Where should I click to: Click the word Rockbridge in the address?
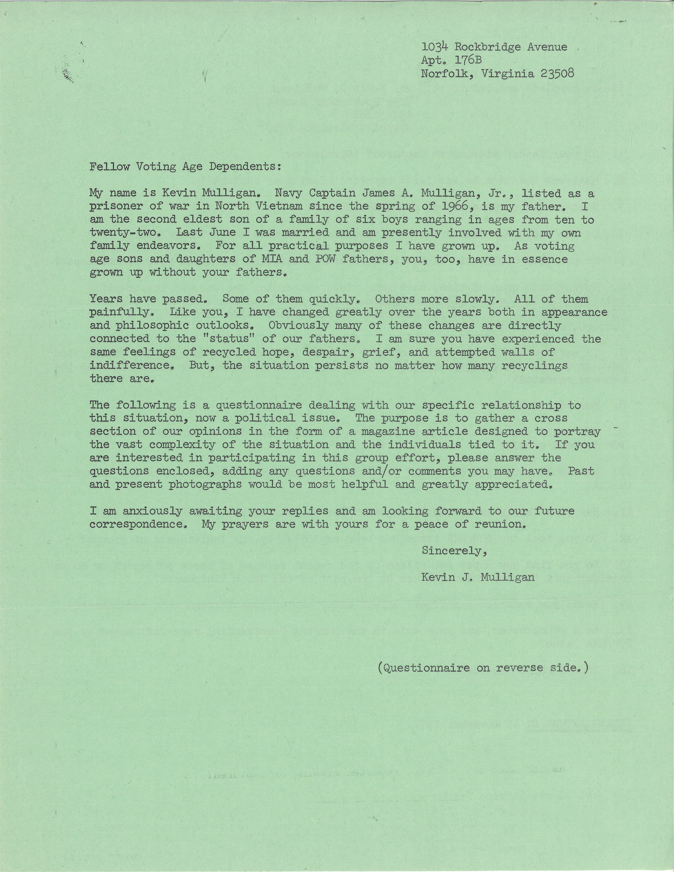tap(488, 47)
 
